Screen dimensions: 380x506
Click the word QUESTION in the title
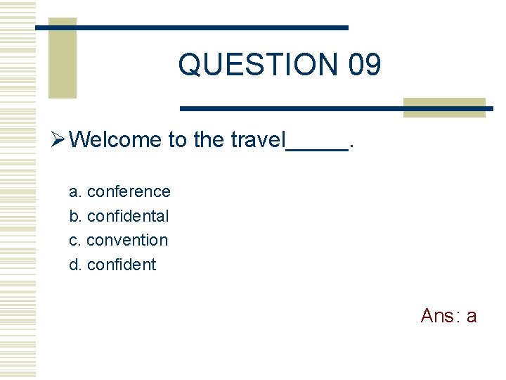click(259, 65)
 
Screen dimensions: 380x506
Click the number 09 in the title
click(364, 65)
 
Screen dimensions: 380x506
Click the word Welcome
click(116, 139)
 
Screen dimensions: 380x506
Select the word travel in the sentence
click(258, 139)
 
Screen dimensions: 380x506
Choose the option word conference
click(129, 191)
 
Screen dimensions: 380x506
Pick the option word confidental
click(128, 216)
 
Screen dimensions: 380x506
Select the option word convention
click(127, 240)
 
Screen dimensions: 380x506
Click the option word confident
click(122, 265)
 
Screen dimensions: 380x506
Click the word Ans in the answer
click(437, 316)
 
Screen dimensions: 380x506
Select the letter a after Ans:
click(471, 317)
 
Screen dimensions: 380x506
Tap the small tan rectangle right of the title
click(444, 107)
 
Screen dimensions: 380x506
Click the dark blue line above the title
click(192, 27)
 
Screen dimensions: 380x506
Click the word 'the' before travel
click(209, 139)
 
